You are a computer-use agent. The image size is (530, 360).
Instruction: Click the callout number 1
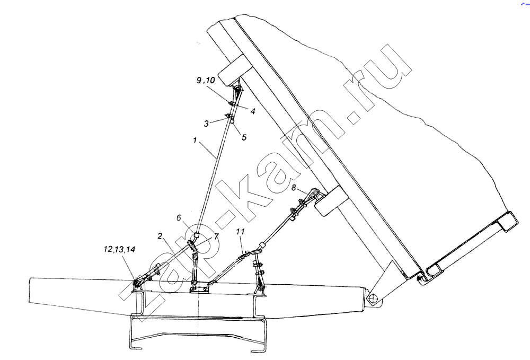coord(195,140)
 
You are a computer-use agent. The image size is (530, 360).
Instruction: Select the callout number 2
coord(160,235)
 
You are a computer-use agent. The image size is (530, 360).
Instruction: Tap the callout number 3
coord(206,124)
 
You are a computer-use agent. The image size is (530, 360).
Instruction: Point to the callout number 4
coord(252,111)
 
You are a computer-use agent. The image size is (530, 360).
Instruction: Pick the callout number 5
coord(244,137)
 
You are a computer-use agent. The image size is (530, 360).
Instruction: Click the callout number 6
coord(179,218)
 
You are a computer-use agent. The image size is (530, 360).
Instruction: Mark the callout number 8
coord(294,187)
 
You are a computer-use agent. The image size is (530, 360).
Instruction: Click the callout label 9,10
coord(206,81)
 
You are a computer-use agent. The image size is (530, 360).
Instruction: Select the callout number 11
coord(240,232)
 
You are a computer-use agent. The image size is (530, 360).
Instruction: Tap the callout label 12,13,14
coord(119,250)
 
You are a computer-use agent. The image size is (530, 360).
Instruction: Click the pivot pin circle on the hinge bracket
coord(373,299)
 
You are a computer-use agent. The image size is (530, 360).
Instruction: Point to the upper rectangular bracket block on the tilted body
coord(235,69)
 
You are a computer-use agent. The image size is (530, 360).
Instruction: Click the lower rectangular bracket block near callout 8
coord(331,201)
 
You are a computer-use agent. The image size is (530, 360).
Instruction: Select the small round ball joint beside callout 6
coord(197,235)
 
